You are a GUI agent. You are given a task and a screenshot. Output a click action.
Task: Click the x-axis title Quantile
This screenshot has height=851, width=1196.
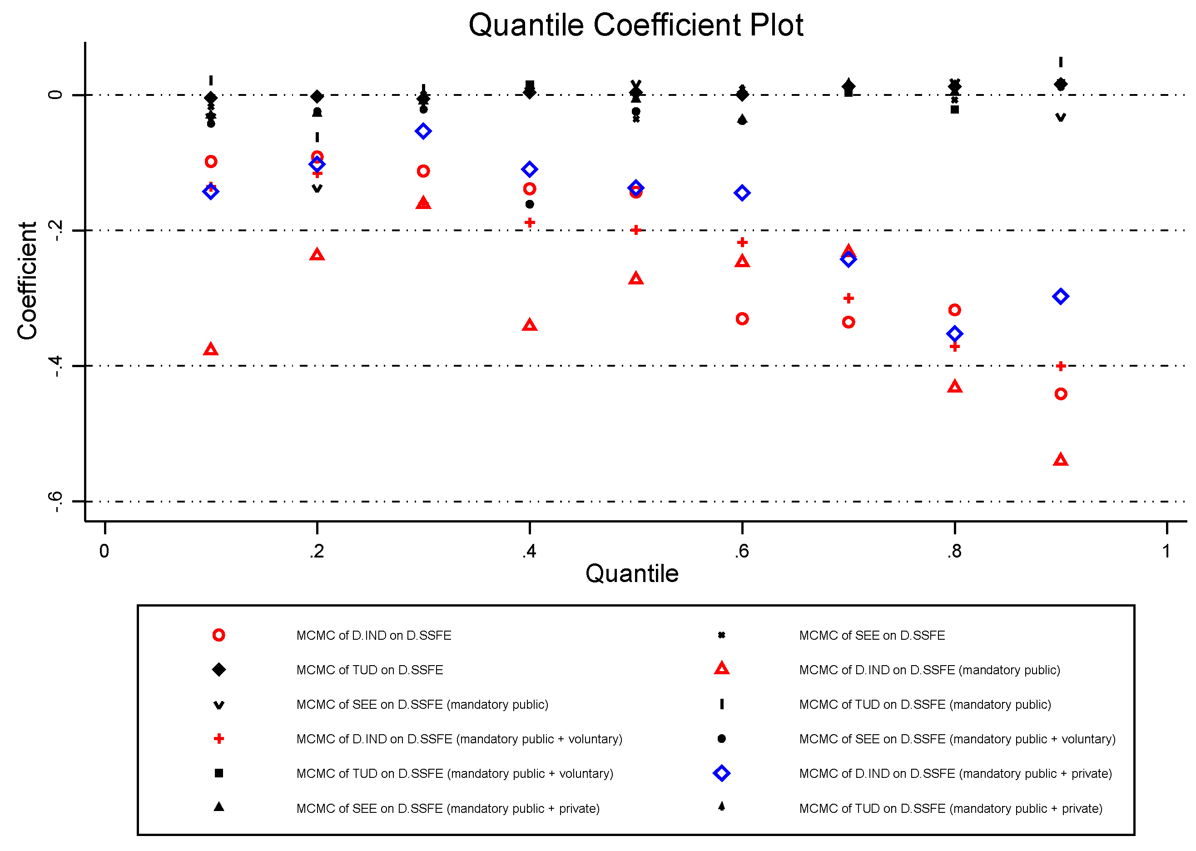click(631, 573)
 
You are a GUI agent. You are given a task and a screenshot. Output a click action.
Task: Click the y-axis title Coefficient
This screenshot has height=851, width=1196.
click(27, 281)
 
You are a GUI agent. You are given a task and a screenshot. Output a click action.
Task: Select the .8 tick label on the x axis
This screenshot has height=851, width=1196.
click(954, 551)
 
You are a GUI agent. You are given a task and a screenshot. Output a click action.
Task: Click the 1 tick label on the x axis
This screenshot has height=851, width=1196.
click(1166, 551)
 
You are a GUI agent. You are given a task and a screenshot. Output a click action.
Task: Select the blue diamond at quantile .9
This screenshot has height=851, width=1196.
click(1060, 297)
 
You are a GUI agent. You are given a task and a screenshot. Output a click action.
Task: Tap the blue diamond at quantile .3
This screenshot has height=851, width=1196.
click(423, 131)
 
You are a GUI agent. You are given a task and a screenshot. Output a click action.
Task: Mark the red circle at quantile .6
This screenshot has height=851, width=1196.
click(742, 319)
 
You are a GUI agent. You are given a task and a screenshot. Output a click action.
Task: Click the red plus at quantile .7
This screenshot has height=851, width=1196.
click(848, 298)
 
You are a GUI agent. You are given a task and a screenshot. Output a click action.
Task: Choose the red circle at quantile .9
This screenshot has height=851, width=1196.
click(1060, 394)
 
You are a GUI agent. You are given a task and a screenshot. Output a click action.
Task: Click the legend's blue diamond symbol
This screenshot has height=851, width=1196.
click(721, 773)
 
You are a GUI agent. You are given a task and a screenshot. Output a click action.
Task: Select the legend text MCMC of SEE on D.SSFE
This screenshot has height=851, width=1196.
click(871, 636)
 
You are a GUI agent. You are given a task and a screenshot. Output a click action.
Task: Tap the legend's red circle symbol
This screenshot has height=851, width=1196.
click(218, 636)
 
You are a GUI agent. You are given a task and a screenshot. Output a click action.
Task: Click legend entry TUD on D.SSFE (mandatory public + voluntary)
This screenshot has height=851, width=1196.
click(454, 773)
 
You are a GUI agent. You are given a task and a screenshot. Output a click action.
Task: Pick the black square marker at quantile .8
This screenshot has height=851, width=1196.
click(954, 109)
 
